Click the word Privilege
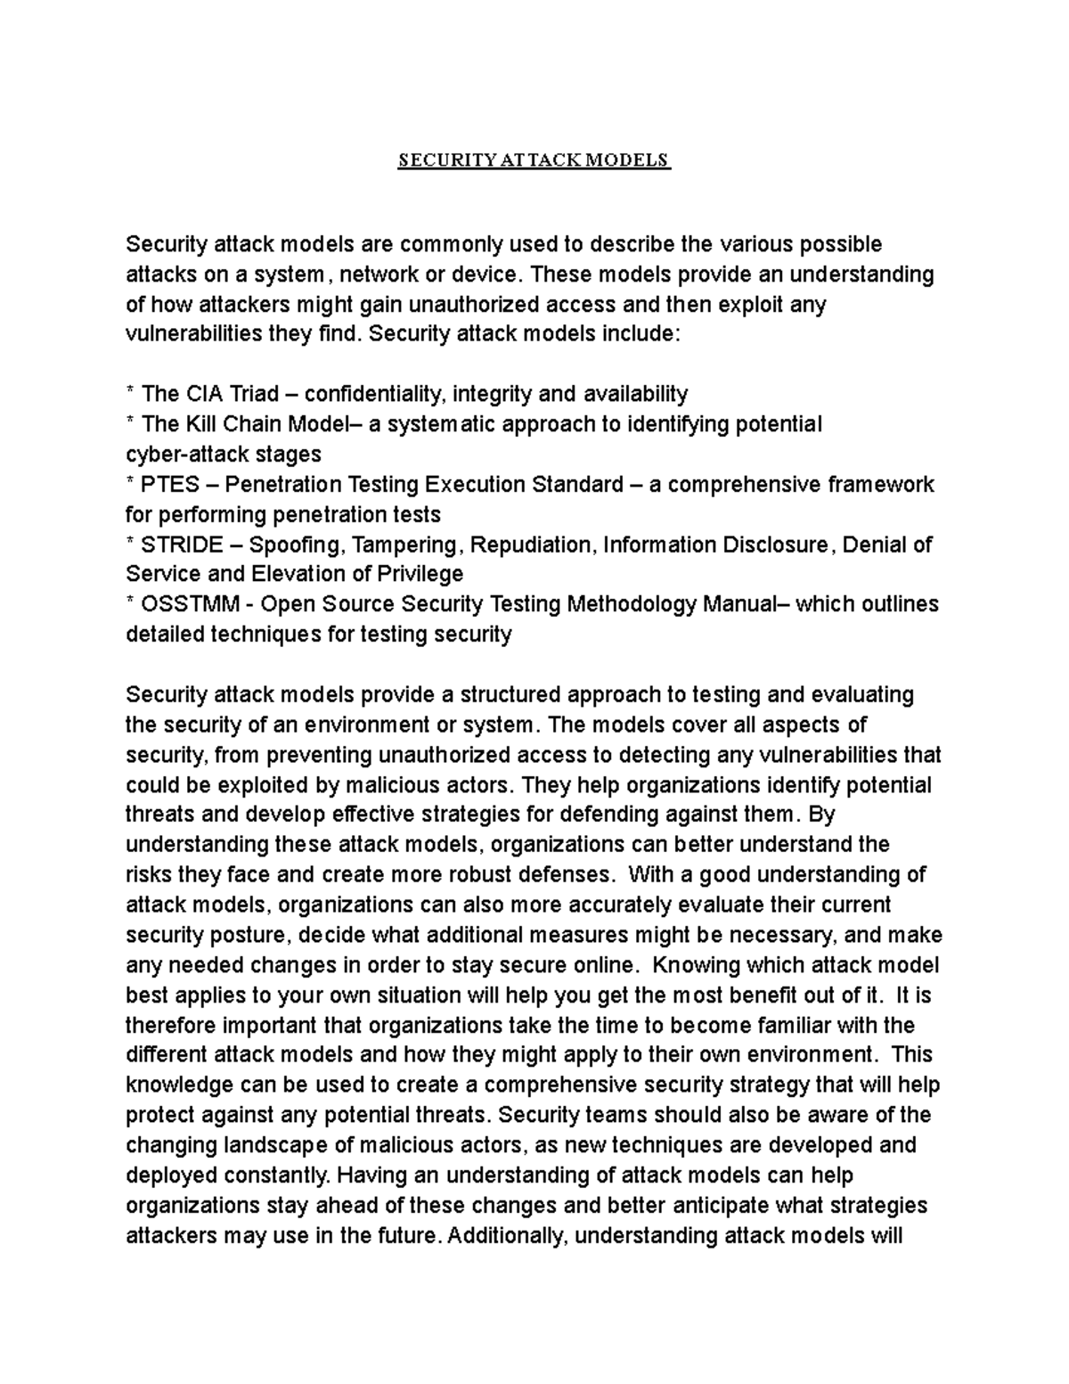tap(419, 575)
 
